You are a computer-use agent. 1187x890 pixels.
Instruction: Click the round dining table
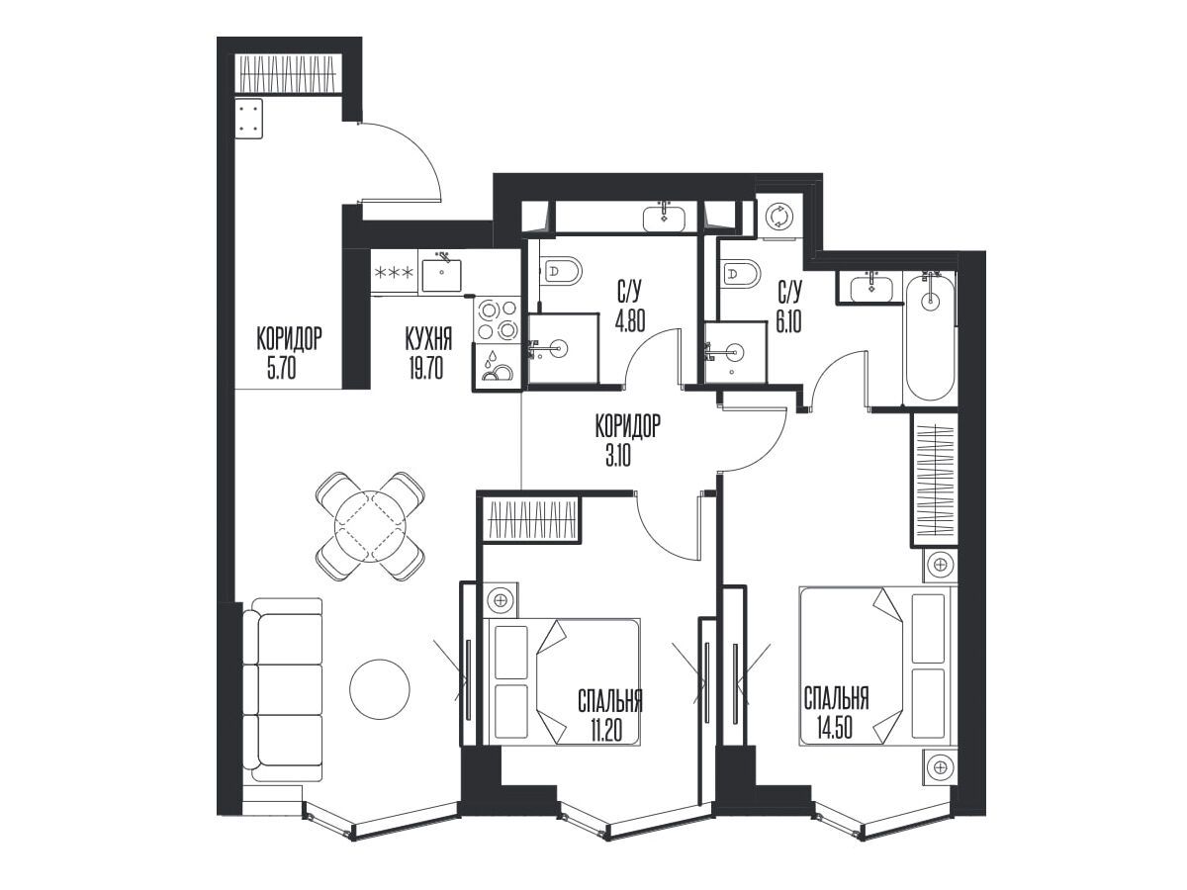coord(370,526)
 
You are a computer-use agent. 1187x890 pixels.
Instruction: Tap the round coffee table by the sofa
coord(380,689)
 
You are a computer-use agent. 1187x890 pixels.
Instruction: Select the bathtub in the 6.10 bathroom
coord(930,338)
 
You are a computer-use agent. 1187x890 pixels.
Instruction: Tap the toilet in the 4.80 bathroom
coord(560,271)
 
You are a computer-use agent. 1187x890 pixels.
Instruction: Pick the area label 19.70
coord(426,369)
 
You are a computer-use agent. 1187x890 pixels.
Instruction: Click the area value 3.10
coord(617,457)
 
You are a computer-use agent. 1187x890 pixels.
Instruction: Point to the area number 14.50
coord(835,727)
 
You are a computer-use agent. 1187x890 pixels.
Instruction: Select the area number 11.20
coord(605,731)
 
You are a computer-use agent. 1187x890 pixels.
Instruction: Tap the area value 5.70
coord(281,369)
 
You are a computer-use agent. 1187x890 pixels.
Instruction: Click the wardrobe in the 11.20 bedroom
coord(530,519)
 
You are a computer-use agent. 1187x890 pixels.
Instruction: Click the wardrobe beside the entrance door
coord(289,74)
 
